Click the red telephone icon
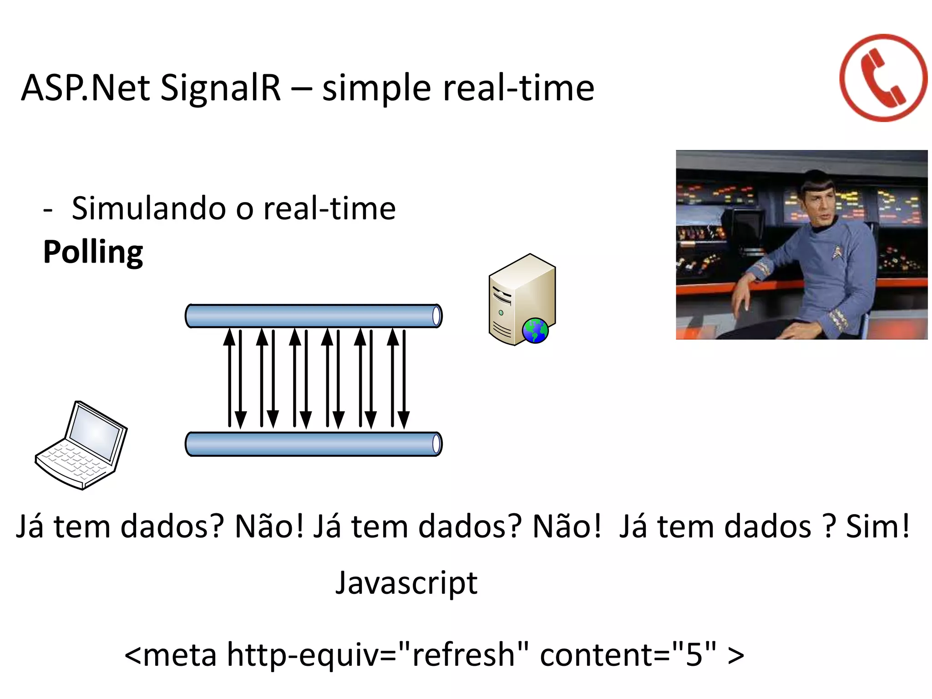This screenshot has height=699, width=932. click(x=883, y=78)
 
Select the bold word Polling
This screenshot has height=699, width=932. click(x=93, y=252)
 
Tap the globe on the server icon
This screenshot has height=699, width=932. click(x=535, y=330)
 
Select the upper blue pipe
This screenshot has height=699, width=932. click(x=313, y=316)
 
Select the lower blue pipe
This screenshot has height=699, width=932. click(x=313, y=444)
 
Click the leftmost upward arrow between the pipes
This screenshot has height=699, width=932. click(x=230, y=378)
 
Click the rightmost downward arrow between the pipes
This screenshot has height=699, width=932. click(x=404, y=378)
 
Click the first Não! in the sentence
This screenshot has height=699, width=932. click(x=268, y=527)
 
